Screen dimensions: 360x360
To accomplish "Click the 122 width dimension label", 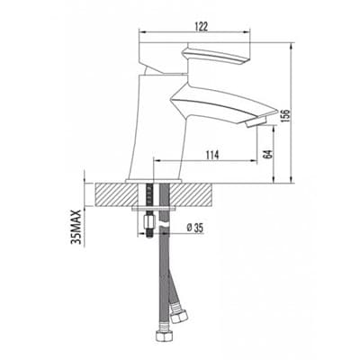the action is point(202,27).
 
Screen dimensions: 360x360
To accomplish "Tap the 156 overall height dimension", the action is point(285,115).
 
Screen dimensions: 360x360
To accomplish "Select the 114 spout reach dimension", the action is point(212,155).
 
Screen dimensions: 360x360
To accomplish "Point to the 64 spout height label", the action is point(269,153).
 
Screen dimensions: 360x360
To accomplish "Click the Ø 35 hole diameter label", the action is point(194,229).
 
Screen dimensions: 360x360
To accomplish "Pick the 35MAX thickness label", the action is point(76,227).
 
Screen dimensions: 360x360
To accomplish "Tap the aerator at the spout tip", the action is point(256,121).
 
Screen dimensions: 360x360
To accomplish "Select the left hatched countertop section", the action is point(116,194).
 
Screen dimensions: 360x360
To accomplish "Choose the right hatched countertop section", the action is point(192,194).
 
